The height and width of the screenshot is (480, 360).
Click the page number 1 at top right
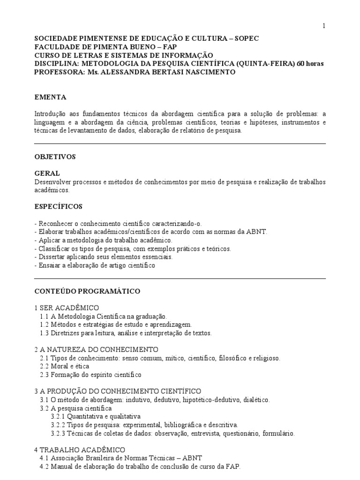[323, 26]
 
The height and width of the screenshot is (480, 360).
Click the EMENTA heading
[50, 97]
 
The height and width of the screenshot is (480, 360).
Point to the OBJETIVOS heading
[55, 156]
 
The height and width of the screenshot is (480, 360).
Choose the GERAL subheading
[47, 173]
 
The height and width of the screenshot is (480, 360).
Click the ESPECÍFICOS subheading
[59, 206]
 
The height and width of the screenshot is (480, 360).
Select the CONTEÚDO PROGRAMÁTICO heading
[87, 291]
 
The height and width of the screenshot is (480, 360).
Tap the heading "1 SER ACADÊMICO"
[67, 308]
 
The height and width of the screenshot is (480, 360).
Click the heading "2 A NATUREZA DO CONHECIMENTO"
[97, 350]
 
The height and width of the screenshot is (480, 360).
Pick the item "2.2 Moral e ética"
[65, 367]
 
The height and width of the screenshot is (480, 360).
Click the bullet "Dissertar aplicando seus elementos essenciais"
[104, 257]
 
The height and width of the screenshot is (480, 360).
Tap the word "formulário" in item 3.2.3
[279, 434]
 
